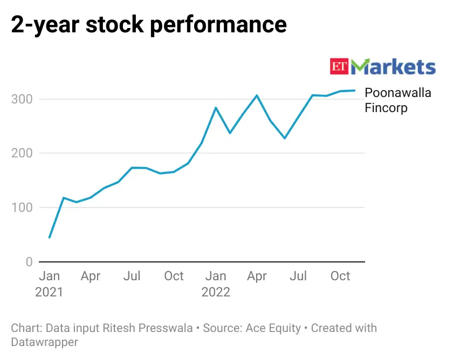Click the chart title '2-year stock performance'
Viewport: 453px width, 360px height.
(x=149, y=24)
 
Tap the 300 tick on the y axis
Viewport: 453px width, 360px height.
(x=21, y=99)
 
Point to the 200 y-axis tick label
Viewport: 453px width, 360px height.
(x=21, y=153)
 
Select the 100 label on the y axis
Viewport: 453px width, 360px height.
(x=21, y=207)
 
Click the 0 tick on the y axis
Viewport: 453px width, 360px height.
(x=29, y=262)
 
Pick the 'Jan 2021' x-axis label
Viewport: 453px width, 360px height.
(x=50, y=284)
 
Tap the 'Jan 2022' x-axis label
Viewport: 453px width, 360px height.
(x=216, y=284)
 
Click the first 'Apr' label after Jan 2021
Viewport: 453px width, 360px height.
(x=91, y=276)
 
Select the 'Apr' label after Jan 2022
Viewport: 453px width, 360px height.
(x=257, y=276)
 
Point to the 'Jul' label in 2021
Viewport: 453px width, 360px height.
(x=132, y=276)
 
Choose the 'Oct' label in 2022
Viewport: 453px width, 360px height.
(x=340, y=276)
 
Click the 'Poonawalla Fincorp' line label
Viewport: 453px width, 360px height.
(x=398, y=100)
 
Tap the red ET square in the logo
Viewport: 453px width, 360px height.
(x=340, y=67)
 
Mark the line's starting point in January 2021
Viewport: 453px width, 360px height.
(x=50, y=237)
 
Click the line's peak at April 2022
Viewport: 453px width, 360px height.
(x=257, y=95)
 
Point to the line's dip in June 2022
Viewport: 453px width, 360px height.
(x=285, y=139)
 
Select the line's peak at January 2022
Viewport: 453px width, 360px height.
(x=216, y=108)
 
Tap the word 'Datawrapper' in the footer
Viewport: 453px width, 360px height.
(x=44, y=342)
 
